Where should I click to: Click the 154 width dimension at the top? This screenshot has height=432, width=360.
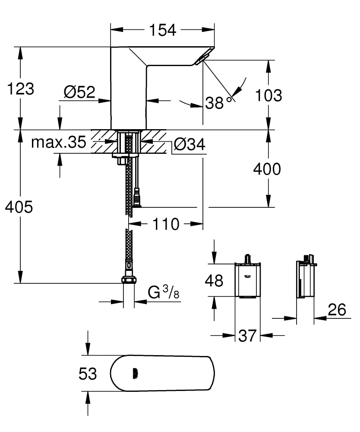162,30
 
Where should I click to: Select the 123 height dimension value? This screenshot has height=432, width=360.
20,89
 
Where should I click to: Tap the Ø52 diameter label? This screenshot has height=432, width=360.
79,92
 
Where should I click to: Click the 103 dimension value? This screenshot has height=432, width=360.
268,95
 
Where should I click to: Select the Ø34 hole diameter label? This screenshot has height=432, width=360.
189,144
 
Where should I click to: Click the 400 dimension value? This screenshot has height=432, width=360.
267,169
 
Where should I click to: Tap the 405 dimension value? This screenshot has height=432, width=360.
19,207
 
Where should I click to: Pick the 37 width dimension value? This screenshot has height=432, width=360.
247,335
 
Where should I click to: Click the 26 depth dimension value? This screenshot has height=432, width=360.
337,309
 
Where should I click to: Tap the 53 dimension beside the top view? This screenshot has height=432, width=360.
88,374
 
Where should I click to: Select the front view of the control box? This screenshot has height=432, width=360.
247,280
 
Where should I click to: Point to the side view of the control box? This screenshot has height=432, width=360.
305,280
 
